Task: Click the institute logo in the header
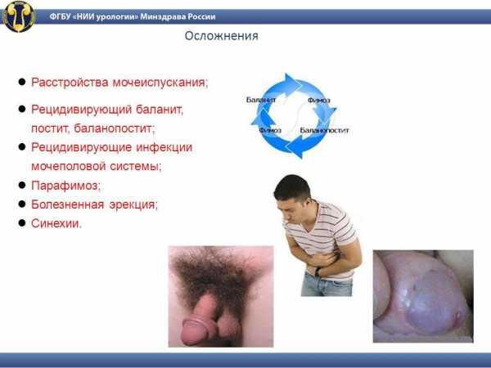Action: pos(19,16)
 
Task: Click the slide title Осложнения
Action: pos(222,36)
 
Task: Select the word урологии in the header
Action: pos(117,17)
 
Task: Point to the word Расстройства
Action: pos(70,83)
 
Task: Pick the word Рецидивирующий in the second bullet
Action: pos(81,110)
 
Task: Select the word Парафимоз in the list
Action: pos(65,186)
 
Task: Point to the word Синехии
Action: pos(56,223)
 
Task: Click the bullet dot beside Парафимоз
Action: pos(22,185)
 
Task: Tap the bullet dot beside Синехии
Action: pos(22,222)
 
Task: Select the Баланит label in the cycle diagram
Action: pos(261,100)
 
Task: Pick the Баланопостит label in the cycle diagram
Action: pos(324,130)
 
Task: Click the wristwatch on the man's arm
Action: pos(318,272)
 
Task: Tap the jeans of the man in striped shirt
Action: pos(327,285)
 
